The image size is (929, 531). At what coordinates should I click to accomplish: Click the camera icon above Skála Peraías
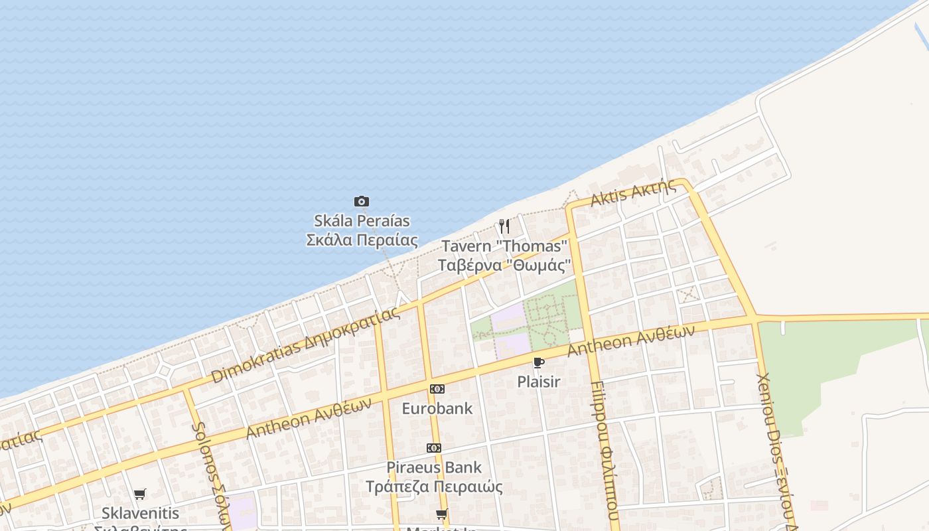[x=361, y=201]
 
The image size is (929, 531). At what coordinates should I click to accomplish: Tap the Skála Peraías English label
[x=362, y=220]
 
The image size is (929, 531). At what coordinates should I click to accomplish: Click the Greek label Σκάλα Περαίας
[x=362, y=240]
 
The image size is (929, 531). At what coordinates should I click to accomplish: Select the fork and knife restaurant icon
[x=504, y=226]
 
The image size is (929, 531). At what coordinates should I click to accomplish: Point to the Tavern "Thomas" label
[x=505, y=246]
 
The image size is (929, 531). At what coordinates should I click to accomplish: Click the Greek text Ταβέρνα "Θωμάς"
[x=504, y=265]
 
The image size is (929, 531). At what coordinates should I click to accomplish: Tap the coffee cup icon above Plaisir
[x=538, y=362]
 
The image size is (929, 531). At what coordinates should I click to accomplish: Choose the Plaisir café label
[x=539, y=382]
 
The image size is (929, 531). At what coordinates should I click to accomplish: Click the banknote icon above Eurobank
[x=437, y=389]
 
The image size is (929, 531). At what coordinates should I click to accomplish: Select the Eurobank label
[x=437, y=408]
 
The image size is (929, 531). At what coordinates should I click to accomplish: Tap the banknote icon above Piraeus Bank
[x=434, y=448]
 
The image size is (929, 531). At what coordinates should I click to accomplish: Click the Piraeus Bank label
[x=434, y=467]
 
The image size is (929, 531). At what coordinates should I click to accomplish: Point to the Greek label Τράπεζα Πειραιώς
[x=434, y=487]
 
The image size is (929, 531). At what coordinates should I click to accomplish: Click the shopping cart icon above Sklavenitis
[x=139, y=494]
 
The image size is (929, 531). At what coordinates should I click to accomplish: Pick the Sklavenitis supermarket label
[x=141, y=513]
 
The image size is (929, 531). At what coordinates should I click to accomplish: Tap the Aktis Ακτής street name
[x=634, y=192]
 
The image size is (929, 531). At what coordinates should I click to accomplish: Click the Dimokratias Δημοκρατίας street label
[x=306, y=345]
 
